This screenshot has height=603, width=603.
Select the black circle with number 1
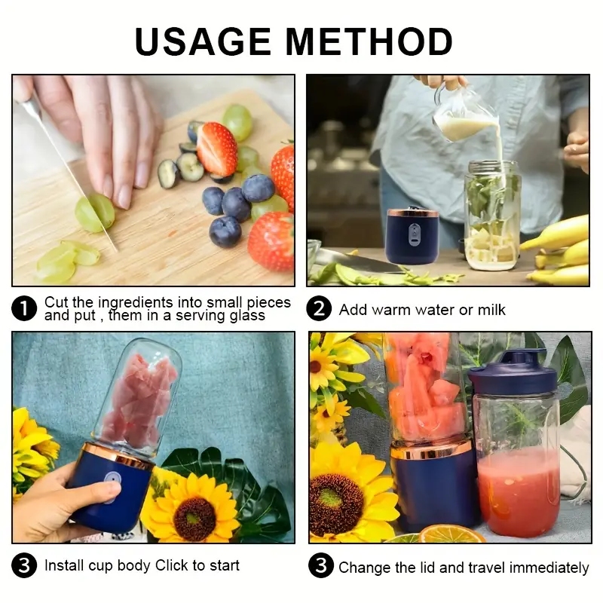click(x=25, y=309)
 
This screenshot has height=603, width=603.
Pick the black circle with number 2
click(x=319, y=309)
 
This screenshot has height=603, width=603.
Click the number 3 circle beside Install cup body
click(x=25, y=565)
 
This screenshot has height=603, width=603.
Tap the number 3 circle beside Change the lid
click(x=320, y=566)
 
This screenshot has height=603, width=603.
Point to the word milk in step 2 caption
click(x=491, y=310)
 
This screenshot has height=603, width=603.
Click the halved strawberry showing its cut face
click(x=217, y=148)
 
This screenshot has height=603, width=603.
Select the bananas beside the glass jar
click(x=561, y=249)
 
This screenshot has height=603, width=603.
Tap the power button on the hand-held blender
click(x=110, y=485)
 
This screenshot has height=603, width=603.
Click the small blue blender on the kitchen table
click(x=412, y=235)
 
